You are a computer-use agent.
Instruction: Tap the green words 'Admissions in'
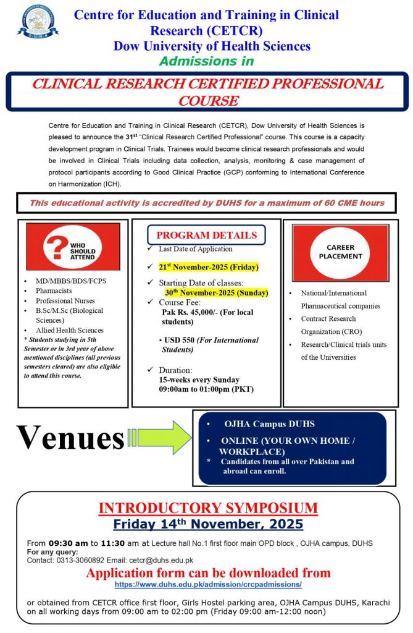pyautogui.click(x=206, y=61)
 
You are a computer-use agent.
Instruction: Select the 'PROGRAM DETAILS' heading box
pyautogui.click(x=206, y=235)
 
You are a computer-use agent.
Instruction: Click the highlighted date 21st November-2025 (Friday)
pyautogui.click(x=208, y=267)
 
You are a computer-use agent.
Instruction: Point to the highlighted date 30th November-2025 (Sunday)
pyautogui.click(x=215, y=292)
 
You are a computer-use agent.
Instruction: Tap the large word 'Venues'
pyautogui.click(x=69, y=438)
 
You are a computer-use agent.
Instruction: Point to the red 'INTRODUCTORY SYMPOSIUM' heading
pyautogui.click(x=208, y=509)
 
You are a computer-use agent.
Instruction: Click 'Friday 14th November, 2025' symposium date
pyautogui.click(x=208, y=524)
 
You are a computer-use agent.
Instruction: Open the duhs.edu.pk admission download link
pyautogui.click(x=208, y=584)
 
